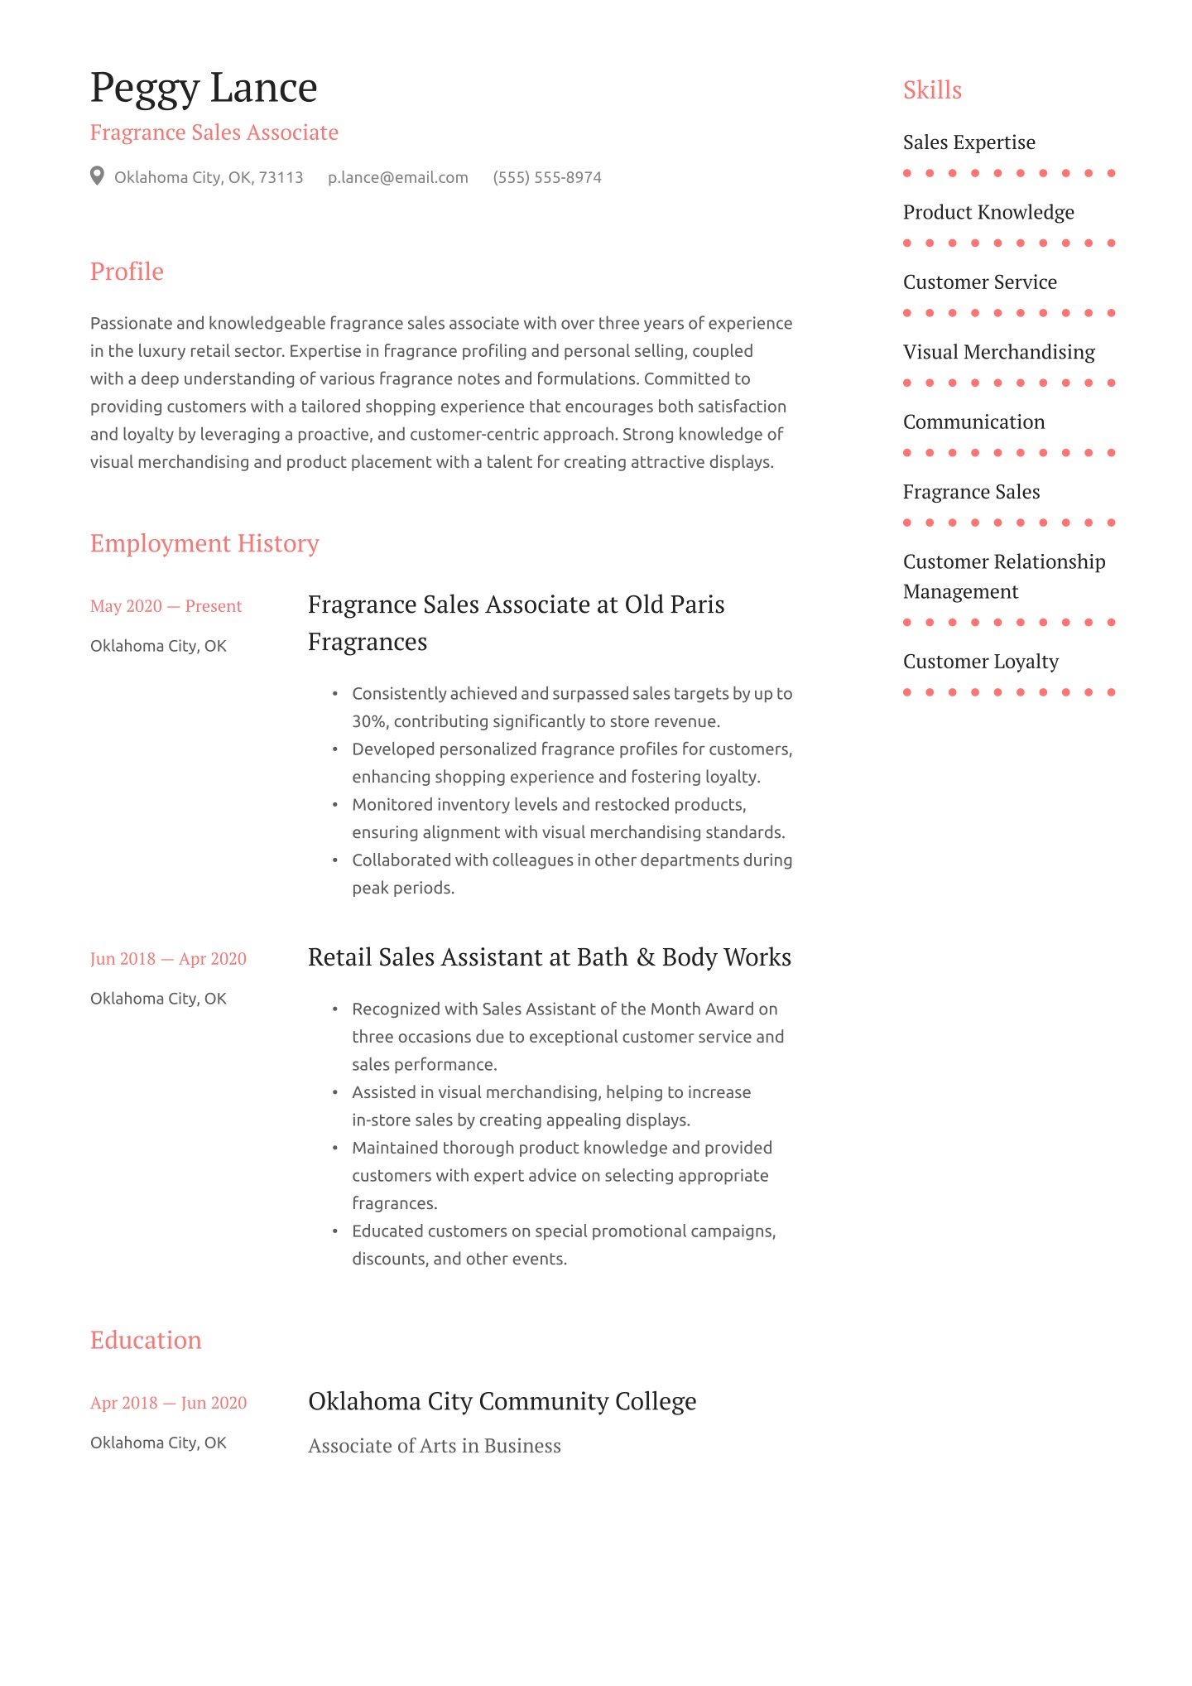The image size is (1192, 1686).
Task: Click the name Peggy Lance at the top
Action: coord(204,88)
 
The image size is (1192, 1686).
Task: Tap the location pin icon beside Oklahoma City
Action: coord(97,176)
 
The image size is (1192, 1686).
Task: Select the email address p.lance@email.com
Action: coord(397,177)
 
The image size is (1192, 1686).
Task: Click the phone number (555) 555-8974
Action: coord(546,177)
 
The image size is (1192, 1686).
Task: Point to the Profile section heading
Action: coord(127,272)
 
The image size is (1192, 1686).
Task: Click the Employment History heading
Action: coord(204,543)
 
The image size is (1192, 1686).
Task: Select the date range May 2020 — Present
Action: coord(166,606)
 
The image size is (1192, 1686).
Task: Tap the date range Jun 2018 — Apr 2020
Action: coord(168,959)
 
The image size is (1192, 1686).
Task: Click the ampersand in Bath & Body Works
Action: coord(645,958)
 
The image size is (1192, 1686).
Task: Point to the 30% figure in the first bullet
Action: coord(369,721)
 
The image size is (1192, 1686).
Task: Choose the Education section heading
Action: coord(146,1340)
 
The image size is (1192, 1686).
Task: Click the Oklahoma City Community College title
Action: coord(502,1401)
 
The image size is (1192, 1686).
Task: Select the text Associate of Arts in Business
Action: coord(435,1446)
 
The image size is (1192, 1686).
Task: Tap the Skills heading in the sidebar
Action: coord(932,90)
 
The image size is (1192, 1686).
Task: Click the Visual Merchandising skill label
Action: coord(998,352)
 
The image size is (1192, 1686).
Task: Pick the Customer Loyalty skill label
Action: coord(980,662)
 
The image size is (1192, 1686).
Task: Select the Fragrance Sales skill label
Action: coord(971,492)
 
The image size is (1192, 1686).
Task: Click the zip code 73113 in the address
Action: coord(281,177)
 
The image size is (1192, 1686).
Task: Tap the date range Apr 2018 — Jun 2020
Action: coord(168,1403)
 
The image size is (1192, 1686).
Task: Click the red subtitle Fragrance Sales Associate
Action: coord(214,132)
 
